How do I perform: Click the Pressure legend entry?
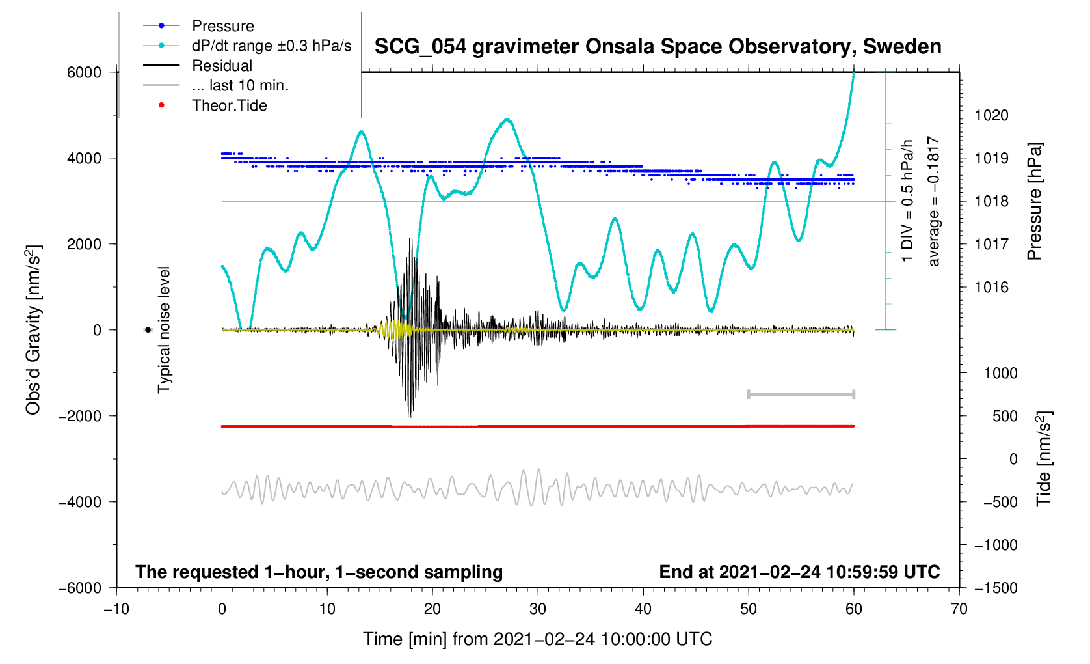click(222, 26)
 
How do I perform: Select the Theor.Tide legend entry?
click(229, 105)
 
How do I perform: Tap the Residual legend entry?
click(222, 66)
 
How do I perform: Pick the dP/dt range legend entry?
click(271, 46)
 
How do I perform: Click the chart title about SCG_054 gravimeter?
click(658, 47)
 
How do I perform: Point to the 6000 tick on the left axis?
click(85, 72)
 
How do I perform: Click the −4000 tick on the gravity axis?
click(80, 502)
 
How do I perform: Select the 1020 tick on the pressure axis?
click(991, 116)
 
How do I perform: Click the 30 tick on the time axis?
click(538, 609)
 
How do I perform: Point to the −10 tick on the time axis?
click(116, 609)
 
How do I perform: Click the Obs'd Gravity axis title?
click(33, 330)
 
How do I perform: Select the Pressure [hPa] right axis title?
click(1034, 201)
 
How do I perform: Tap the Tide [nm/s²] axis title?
click(1043, 459)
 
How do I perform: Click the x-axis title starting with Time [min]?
click(537, 639)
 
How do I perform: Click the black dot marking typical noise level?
click(148, 330)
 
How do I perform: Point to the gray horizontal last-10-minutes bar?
click(801, 394)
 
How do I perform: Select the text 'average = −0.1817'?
click(934, 201)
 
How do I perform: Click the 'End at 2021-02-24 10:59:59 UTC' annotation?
click(799, 572)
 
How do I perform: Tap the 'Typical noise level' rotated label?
click(164, 330)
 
